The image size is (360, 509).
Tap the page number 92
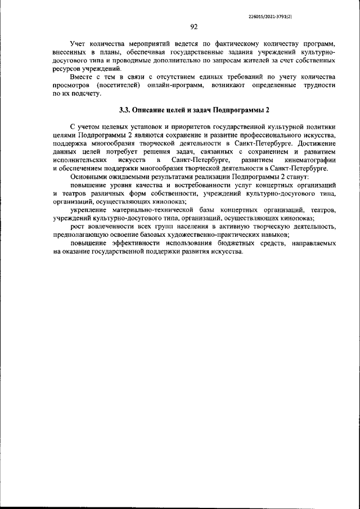(x=193, y=26)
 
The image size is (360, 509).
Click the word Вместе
(x=82, y=76)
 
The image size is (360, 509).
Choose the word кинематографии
(x=308, y=160)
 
